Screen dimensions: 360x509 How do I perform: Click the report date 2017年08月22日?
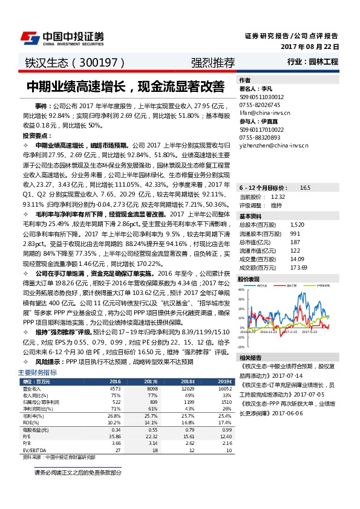click(x=309, y=47)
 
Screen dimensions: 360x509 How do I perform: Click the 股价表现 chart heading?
click(x=249, y=279)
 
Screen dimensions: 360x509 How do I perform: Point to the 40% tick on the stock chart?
click(x=242, y=290)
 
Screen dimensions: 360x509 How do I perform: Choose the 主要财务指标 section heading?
click(x=38, y=373)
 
